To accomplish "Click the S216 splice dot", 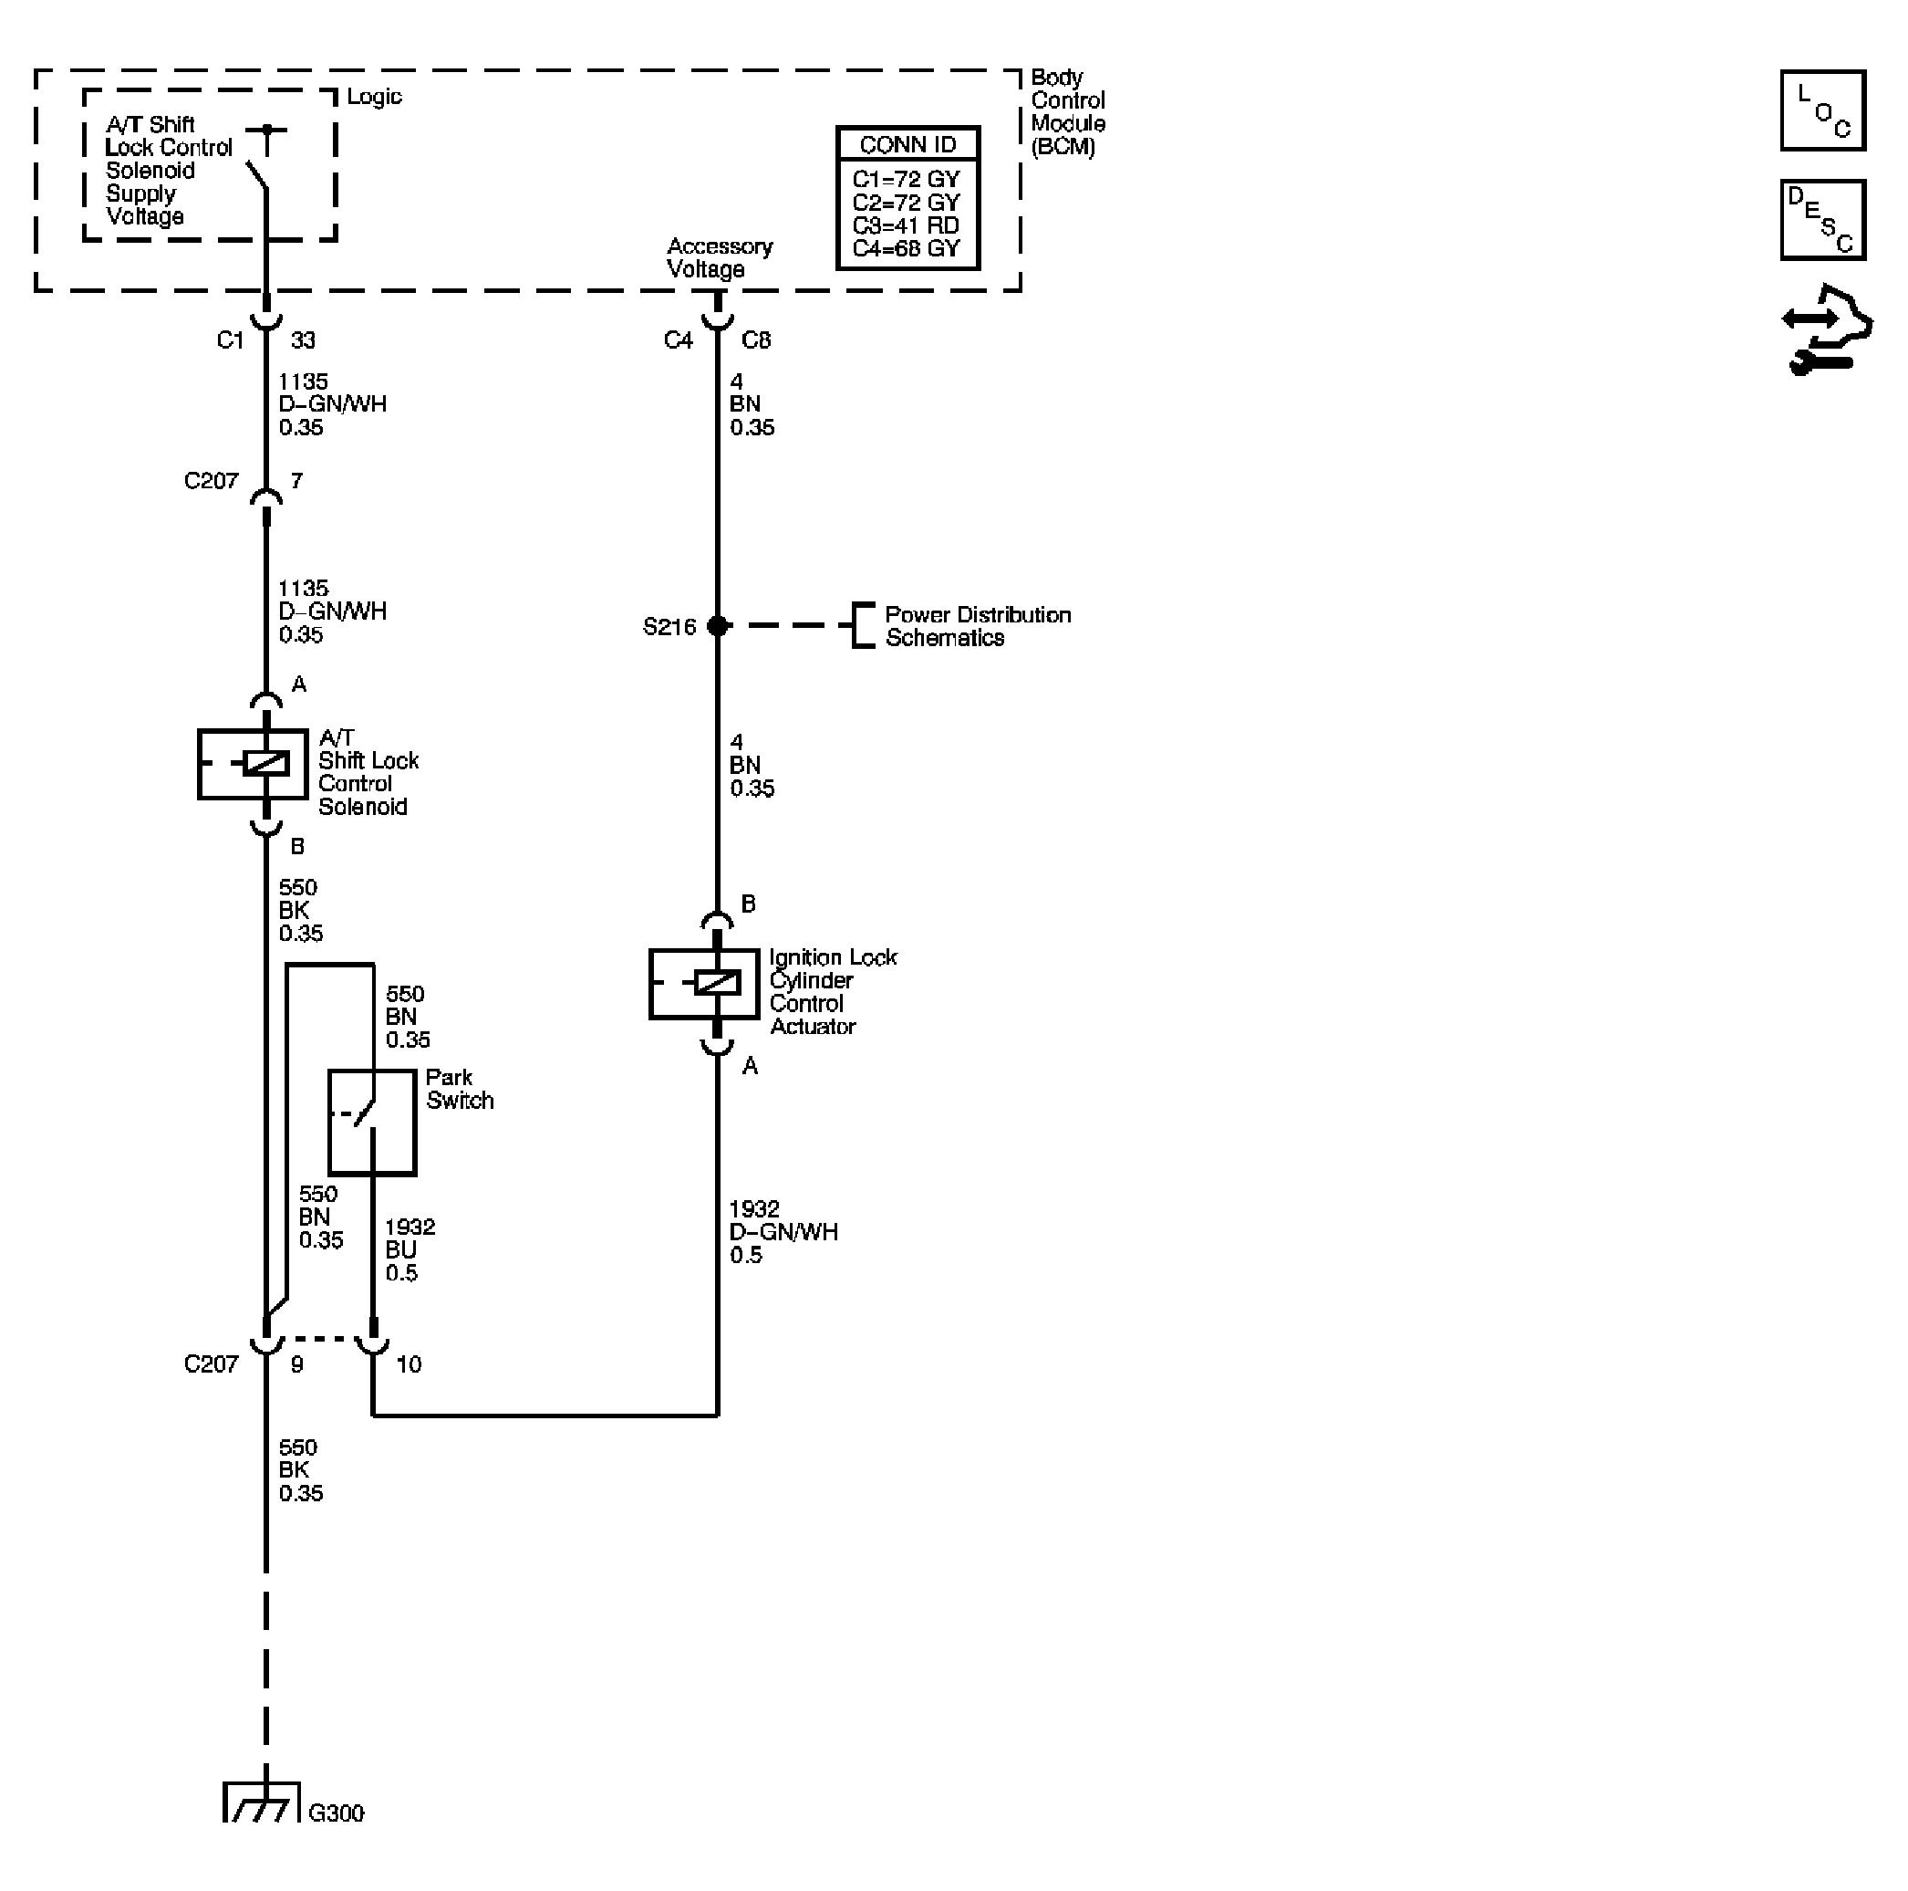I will pos(718,625).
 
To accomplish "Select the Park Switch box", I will pos(371,1122).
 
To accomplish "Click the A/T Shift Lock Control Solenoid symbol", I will pos(253,764).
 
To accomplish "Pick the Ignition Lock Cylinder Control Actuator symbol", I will pos(704,983).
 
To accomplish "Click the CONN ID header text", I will pos(907,144).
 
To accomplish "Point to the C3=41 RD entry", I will pos(906,225).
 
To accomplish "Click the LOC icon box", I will pos(1822,110).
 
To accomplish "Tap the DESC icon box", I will pos(1822,219).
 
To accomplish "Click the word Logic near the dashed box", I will pos(374,97).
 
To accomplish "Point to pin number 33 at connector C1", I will pos(303,340).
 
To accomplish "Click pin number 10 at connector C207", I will pos(409,1364).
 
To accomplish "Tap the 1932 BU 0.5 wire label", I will pos(409,1249).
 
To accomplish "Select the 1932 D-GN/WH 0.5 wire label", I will pos(783,1232).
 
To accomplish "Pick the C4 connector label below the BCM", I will pos(679,340).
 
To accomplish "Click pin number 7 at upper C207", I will pos(296,481).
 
